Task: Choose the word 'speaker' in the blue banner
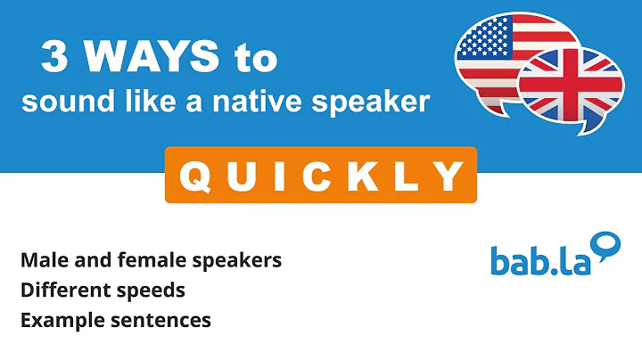378,103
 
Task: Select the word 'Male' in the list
41,260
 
